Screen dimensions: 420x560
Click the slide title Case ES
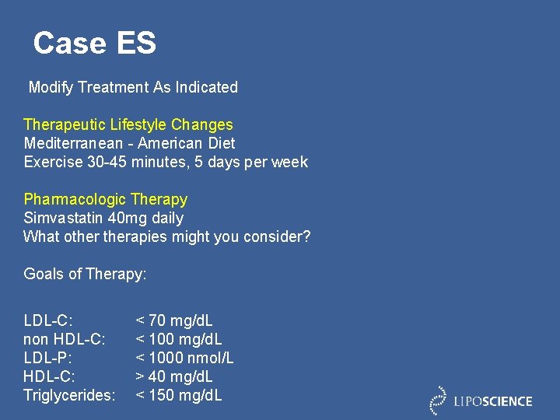[94, 43]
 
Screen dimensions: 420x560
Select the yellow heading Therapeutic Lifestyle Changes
[128, 124]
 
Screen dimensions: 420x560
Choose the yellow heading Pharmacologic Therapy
[106, 199]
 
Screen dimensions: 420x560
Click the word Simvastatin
[62, 218]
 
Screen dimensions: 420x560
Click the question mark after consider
[306, 236]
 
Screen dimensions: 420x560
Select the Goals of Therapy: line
[86, 274]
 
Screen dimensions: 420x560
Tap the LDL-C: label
[48, 320]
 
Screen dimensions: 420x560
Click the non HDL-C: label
[65, 339]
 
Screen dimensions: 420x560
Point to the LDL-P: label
[48, 358]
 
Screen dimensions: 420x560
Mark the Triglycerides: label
[69, 395]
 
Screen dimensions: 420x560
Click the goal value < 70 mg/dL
[174, 320]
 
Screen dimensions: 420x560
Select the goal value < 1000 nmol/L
[184, 358]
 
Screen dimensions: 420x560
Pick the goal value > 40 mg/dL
[174, 376]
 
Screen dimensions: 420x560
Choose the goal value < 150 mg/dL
[179, 395]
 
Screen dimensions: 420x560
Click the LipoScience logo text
[493, 402]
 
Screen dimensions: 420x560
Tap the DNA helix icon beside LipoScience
[439, 400]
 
